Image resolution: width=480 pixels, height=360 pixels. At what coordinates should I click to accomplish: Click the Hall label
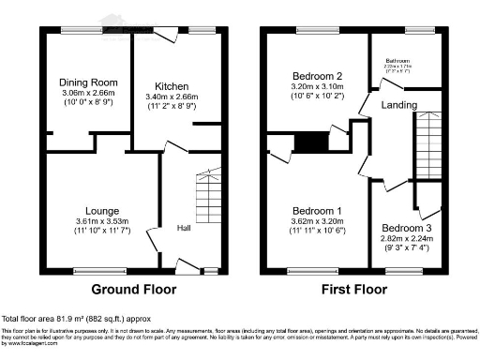(184, 227)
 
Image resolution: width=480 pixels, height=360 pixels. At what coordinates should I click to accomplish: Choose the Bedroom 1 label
(313, 211)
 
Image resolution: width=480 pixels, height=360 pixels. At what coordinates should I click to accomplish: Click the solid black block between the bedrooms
(307, 142)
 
